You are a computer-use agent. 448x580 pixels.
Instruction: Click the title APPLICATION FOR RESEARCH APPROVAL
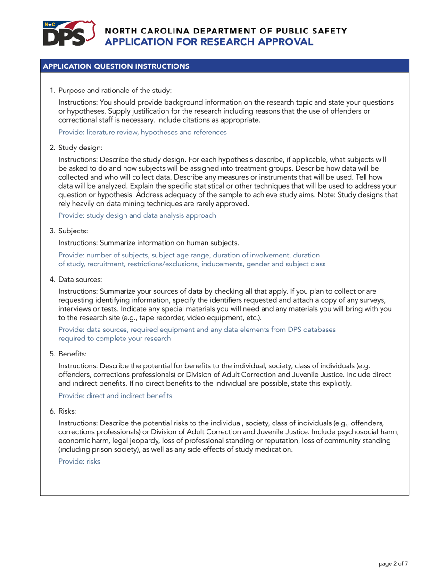tap(209, 42)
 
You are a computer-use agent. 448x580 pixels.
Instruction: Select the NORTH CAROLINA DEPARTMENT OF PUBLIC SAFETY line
tap(226, 31)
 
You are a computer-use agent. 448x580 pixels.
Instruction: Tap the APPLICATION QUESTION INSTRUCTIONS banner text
tap(116, 66)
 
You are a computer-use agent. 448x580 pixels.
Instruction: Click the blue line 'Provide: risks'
tap(79, 462)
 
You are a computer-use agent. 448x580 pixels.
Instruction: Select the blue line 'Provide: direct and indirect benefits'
tap(115, 396)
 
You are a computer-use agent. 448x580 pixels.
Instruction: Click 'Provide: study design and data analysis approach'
tap(137, 215)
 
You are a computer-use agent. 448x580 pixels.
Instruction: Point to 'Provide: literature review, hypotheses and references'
tap(142, 133)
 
